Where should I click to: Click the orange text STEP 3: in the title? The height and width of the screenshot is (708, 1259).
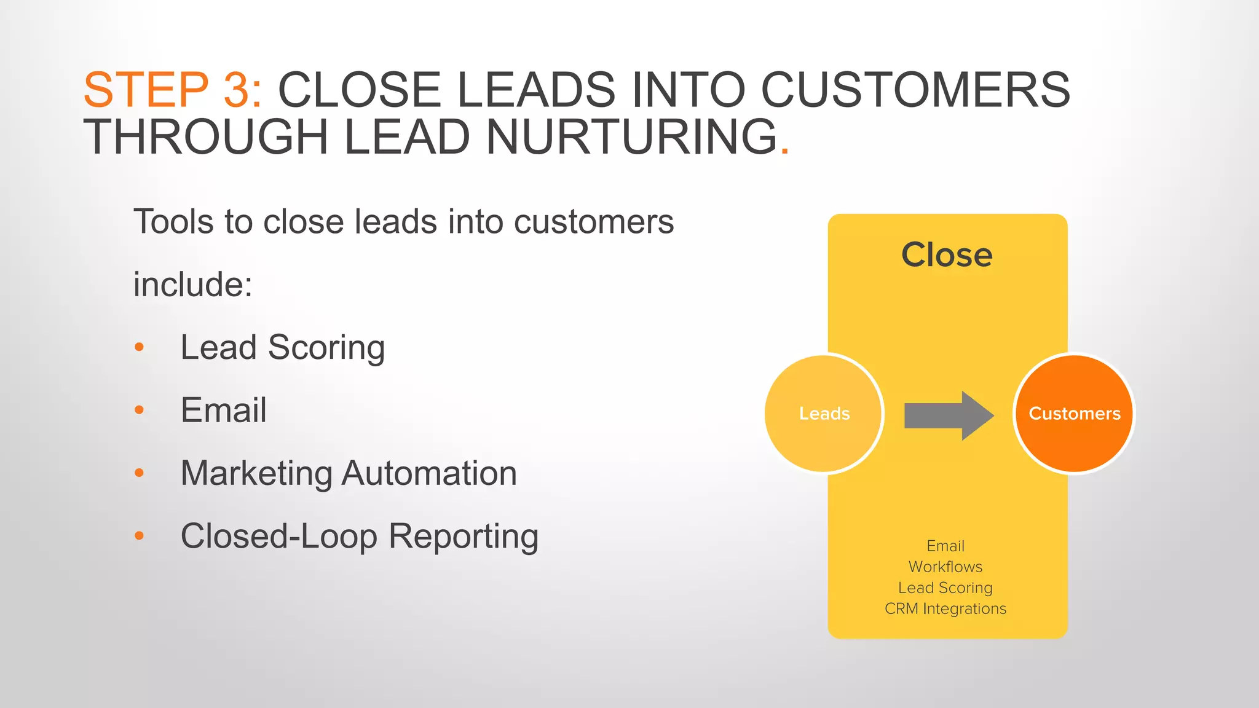pyautogui.click(x=173, y=90)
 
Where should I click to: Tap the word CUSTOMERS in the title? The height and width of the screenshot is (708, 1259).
pyautogui.click(x=915, y=90)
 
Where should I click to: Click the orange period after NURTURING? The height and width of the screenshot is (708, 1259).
pyautogui.click(x=784, y=149)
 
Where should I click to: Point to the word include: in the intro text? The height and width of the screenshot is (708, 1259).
pyautogui.click(x=192, y=285)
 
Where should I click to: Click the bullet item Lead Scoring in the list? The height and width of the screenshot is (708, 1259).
pyautogui.click(x=283, y=348)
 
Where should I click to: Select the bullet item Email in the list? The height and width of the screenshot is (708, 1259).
pyautogui.click(x=223, y=411)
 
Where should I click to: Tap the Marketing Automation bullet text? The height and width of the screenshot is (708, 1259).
pyautogui.click(x=349, y=473)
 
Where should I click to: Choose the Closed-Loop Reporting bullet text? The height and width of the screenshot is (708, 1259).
pyautogui.click(x=360, y=537)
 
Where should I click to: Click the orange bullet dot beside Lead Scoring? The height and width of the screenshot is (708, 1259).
pyautogui.click(x=139, y=348)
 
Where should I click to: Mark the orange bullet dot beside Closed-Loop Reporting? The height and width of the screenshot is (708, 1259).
pyautogui.click(x=139, y=537)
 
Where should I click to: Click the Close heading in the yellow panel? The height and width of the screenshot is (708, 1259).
pyautogui.click(x=947, y=254)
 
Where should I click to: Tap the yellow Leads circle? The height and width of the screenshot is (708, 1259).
pyautogui.click(x=824, y=413)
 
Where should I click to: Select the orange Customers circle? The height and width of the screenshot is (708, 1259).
pyautogui.click(x=1074, y=413)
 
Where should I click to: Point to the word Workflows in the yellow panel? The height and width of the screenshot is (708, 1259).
pyautogui.click(x=945, y=567)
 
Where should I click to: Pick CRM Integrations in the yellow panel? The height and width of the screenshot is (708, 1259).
pyautogui.click(x=945, y=608)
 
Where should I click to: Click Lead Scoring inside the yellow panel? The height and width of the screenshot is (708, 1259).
pyautogui.click(x=945, y=588)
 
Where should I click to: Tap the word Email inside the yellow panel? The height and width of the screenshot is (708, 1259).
pyautogui.click(x=945, y=546)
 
